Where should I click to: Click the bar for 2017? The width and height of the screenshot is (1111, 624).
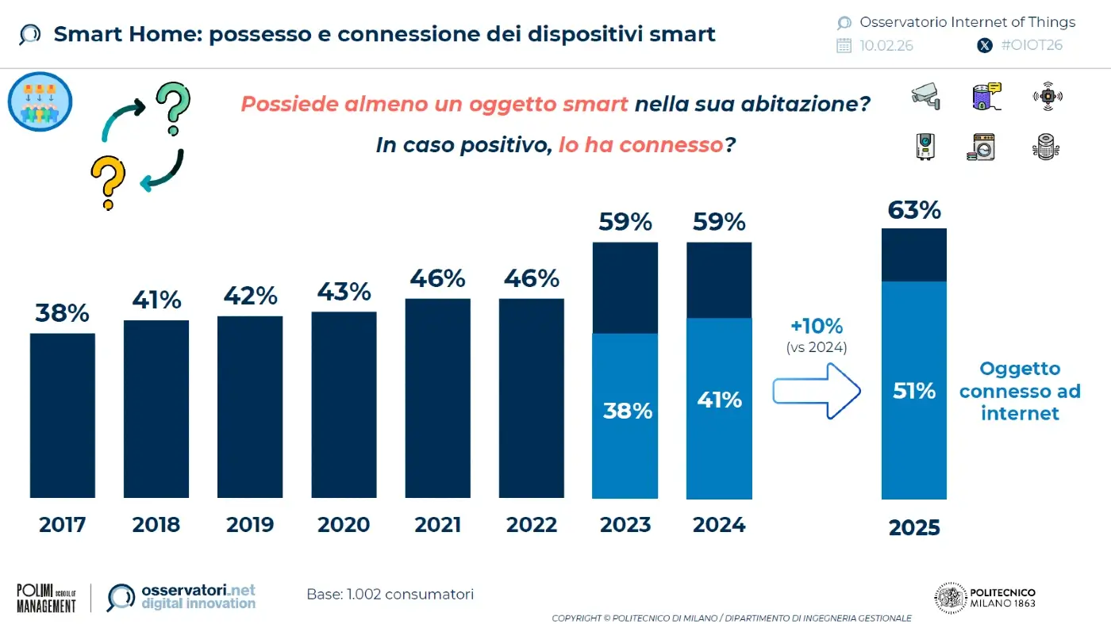63,415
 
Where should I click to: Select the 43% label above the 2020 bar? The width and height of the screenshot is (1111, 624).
344,292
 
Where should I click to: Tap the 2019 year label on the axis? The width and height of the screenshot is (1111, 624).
250,525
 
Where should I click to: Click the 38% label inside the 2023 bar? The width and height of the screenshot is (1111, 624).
627,411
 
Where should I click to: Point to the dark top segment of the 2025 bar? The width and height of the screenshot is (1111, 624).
914,255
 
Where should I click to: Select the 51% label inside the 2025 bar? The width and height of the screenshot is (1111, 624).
914,390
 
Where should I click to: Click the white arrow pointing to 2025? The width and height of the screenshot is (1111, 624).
817,390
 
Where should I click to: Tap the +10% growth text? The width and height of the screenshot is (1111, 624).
817,326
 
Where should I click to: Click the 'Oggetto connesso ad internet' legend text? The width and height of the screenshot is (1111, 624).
1020,391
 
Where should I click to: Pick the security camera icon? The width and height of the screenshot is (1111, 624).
925,96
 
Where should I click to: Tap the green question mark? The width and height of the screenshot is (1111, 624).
172,108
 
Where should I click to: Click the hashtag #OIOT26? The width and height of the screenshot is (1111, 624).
1032,45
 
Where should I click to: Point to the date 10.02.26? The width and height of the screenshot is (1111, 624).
886,45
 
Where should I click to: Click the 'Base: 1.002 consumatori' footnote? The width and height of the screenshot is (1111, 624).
390,594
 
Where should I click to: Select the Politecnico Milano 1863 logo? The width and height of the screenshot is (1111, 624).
985,598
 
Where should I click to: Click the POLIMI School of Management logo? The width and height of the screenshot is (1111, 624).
47,598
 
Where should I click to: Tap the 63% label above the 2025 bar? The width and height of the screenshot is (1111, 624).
914,210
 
